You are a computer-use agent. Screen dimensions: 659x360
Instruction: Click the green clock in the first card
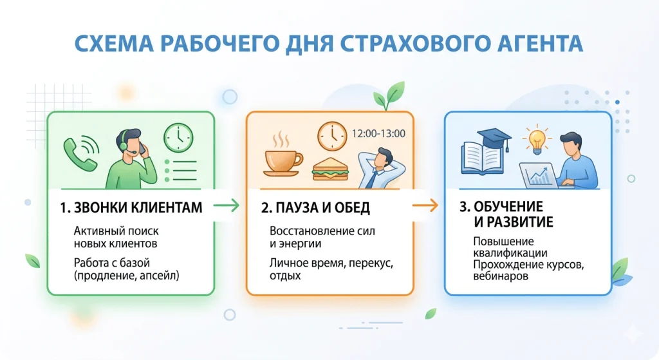click(178, 138)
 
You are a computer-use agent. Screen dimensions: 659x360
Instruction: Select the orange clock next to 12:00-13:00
click(332, 137)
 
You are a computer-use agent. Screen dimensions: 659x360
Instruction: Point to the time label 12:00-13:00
click(378, 134)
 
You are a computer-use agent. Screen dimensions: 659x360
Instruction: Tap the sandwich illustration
click(330, 169)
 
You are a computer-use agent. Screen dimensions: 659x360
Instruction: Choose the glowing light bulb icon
click(537, 140)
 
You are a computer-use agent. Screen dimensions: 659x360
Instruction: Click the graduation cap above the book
click(494, 138)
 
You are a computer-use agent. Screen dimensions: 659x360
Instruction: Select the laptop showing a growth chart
click(539, 175)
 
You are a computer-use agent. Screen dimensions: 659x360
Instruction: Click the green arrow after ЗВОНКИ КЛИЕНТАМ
click(226, 205)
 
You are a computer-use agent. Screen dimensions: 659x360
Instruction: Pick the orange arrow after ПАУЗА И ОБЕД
click(425, 205)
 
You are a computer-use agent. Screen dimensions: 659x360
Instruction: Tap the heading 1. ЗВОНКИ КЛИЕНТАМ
click(131, 208)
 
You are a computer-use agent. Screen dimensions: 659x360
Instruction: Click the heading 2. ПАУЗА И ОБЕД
click(315, 208)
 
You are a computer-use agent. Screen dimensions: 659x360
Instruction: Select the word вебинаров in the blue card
click(501, 276)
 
